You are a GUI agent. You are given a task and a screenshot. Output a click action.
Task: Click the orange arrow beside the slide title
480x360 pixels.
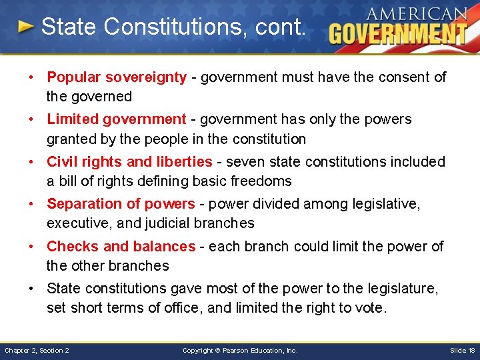pyautogui.click(x=25, y=27)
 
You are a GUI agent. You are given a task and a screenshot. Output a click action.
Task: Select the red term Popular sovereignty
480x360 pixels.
pyautogui.click(x=117, y=77)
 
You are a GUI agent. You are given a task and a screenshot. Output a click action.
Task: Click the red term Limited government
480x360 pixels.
pyautogui.click(x=116, y=119)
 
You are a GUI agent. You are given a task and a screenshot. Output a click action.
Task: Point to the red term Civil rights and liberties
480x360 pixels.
pyautogui.click(x=129, y=162)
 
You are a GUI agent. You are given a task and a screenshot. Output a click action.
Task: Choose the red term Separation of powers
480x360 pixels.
pyautogui.click(x=121, y=204)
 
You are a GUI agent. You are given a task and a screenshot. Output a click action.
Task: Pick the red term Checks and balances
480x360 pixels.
pyautogui.click(x=121, y=247)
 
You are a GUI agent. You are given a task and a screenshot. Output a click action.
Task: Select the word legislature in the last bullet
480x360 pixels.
pyautogui.click(x=405, y=289)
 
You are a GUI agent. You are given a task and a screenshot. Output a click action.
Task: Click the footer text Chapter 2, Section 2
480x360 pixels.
pyautogui.click(x=37, y=351)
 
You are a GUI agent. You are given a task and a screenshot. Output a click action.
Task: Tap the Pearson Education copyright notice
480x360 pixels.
pyautogui.click(x=240, y=351)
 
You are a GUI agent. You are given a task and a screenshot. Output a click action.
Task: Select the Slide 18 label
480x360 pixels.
pyautogui.click(x=462, y=351)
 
